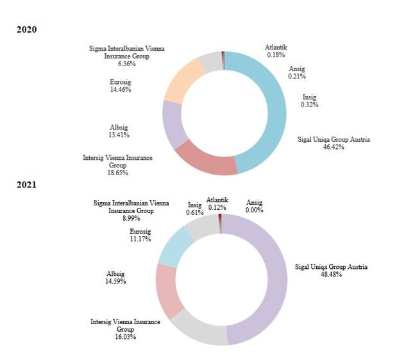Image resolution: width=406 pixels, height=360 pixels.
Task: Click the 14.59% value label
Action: tap(116, 281)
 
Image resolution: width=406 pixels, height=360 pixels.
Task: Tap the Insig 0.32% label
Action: tap(310, 101)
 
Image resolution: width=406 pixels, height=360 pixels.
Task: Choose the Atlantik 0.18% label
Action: tap(276, 51)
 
